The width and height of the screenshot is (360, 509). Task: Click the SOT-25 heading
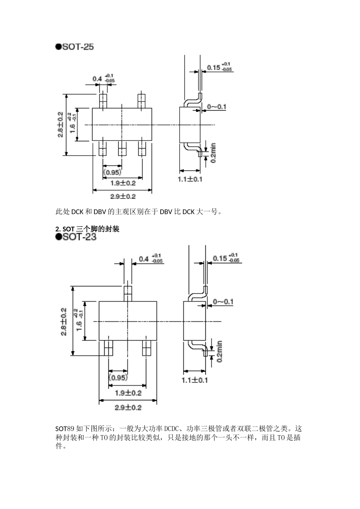pyautogui.click(x=75, y=47)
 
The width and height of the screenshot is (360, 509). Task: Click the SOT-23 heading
pyautogui.click(x=76, y=237)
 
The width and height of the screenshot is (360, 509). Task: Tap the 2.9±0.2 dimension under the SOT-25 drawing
pyautogui.click(x=123, y=197)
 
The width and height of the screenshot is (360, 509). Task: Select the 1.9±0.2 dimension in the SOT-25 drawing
pyautogui.click(x=123, y=183)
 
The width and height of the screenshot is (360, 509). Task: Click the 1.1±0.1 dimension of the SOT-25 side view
pyautogui.click(x=190, y=179)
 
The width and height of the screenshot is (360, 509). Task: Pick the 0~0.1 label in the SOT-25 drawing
pyautogui.click(x=216, y=107)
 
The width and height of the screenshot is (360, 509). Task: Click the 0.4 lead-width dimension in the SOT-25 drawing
pyautogui.click(x=97, y=79)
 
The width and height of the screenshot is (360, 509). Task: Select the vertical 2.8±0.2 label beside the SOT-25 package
pyautogui.click(x=60, y=125)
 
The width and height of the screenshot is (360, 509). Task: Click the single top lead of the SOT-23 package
pyautogui.click(x=128, y=293)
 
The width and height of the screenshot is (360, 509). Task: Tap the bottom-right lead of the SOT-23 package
pyautogui.click(x=147, y=348)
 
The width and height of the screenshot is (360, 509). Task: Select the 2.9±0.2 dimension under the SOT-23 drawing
pyautogui.click(x=128, y=408)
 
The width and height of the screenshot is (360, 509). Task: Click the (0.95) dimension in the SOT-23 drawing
pyautogui.click(x=118, y=378)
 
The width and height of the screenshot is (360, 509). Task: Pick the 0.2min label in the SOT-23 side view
pyautogui.click(x=219, y=351)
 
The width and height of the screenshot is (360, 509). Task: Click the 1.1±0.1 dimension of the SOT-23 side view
pyautogui.click(x=195, y=380)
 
